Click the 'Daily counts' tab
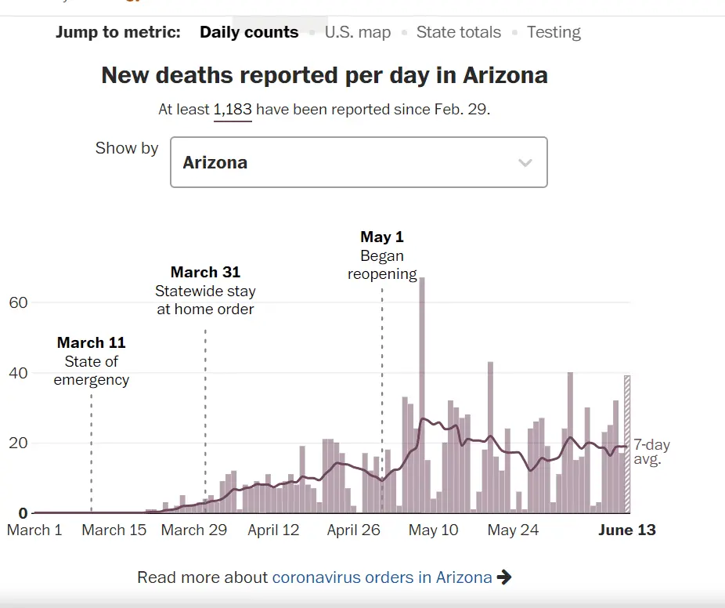(x=249, y=32)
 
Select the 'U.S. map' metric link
(x=358, y=32)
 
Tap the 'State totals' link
(x=458, y=32)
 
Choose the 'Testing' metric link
(x=554, y=32)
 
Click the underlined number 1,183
(x=233, y=109)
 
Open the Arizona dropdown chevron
(x=525, y=163)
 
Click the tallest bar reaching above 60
(x=421, y=392)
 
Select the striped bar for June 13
(x=627, y=443)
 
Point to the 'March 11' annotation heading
(x=91, y=342)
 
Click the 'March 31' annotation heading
(x=205, y=272)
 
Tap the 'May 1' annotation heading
(x=382, y=237)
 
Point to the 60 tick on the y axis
(x=18, y=302)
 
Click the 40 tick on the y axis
(x=18, y=373)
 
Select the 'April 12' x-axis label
(x=273, y=530)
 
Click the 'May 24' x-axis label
(x=513, y=530)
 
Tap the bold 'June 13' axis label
(x=626, y=530)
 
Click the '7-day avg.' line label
(x=651, y=452)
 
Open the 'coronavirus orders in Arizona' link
(x=382, y=577)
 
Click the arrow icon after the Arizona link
(x=505, y=577)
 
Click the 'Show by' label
(x=127, y=148)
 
